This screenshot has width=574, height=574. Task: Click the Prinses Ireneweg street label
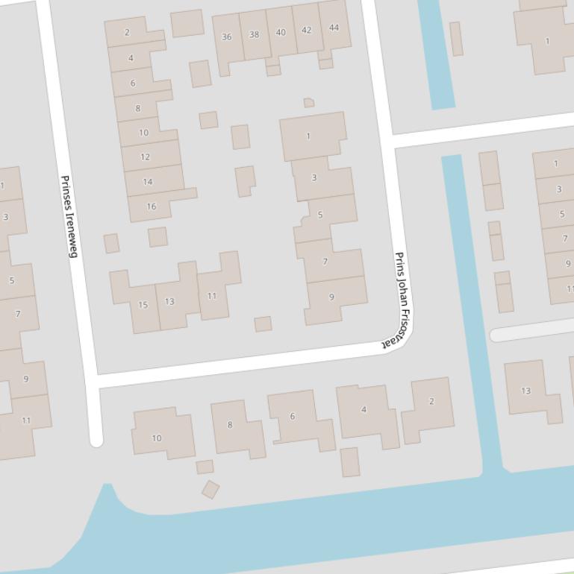[69, 216]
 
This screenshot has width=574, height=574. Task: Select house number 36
[227, 37]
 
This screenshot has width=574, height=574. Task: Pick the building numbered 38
[254, 34]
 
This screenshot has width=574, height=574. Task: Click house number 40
[281, 32]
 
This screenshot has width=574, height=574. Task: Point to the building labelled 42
[306, 30]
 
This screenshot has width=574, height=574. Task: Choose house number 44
[334, 28]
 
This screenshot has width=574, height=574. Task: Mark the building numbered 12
[145, 157]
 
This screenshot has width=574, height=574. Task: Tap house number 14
[148, 181]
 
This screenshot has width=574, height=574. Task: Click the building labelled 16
[152, 206]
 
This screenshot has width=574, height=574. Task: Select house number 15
[143, 304]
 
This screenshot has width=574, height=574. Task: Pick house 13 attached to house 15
[169, 301]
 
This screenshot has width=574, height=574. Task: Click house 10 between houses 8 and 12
[143, 132]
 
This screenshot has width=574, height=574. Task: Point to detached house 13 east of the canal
[526, 390]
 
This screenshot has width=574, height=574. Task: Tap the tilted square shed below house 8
[210, 490]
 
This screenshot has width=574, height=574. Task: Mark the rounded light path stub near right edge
[496, 335]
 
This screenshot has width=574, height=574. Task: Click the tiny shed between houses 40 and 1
[309, 102]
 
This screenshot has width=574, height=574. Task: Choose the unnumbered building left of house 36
[187, 23]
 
